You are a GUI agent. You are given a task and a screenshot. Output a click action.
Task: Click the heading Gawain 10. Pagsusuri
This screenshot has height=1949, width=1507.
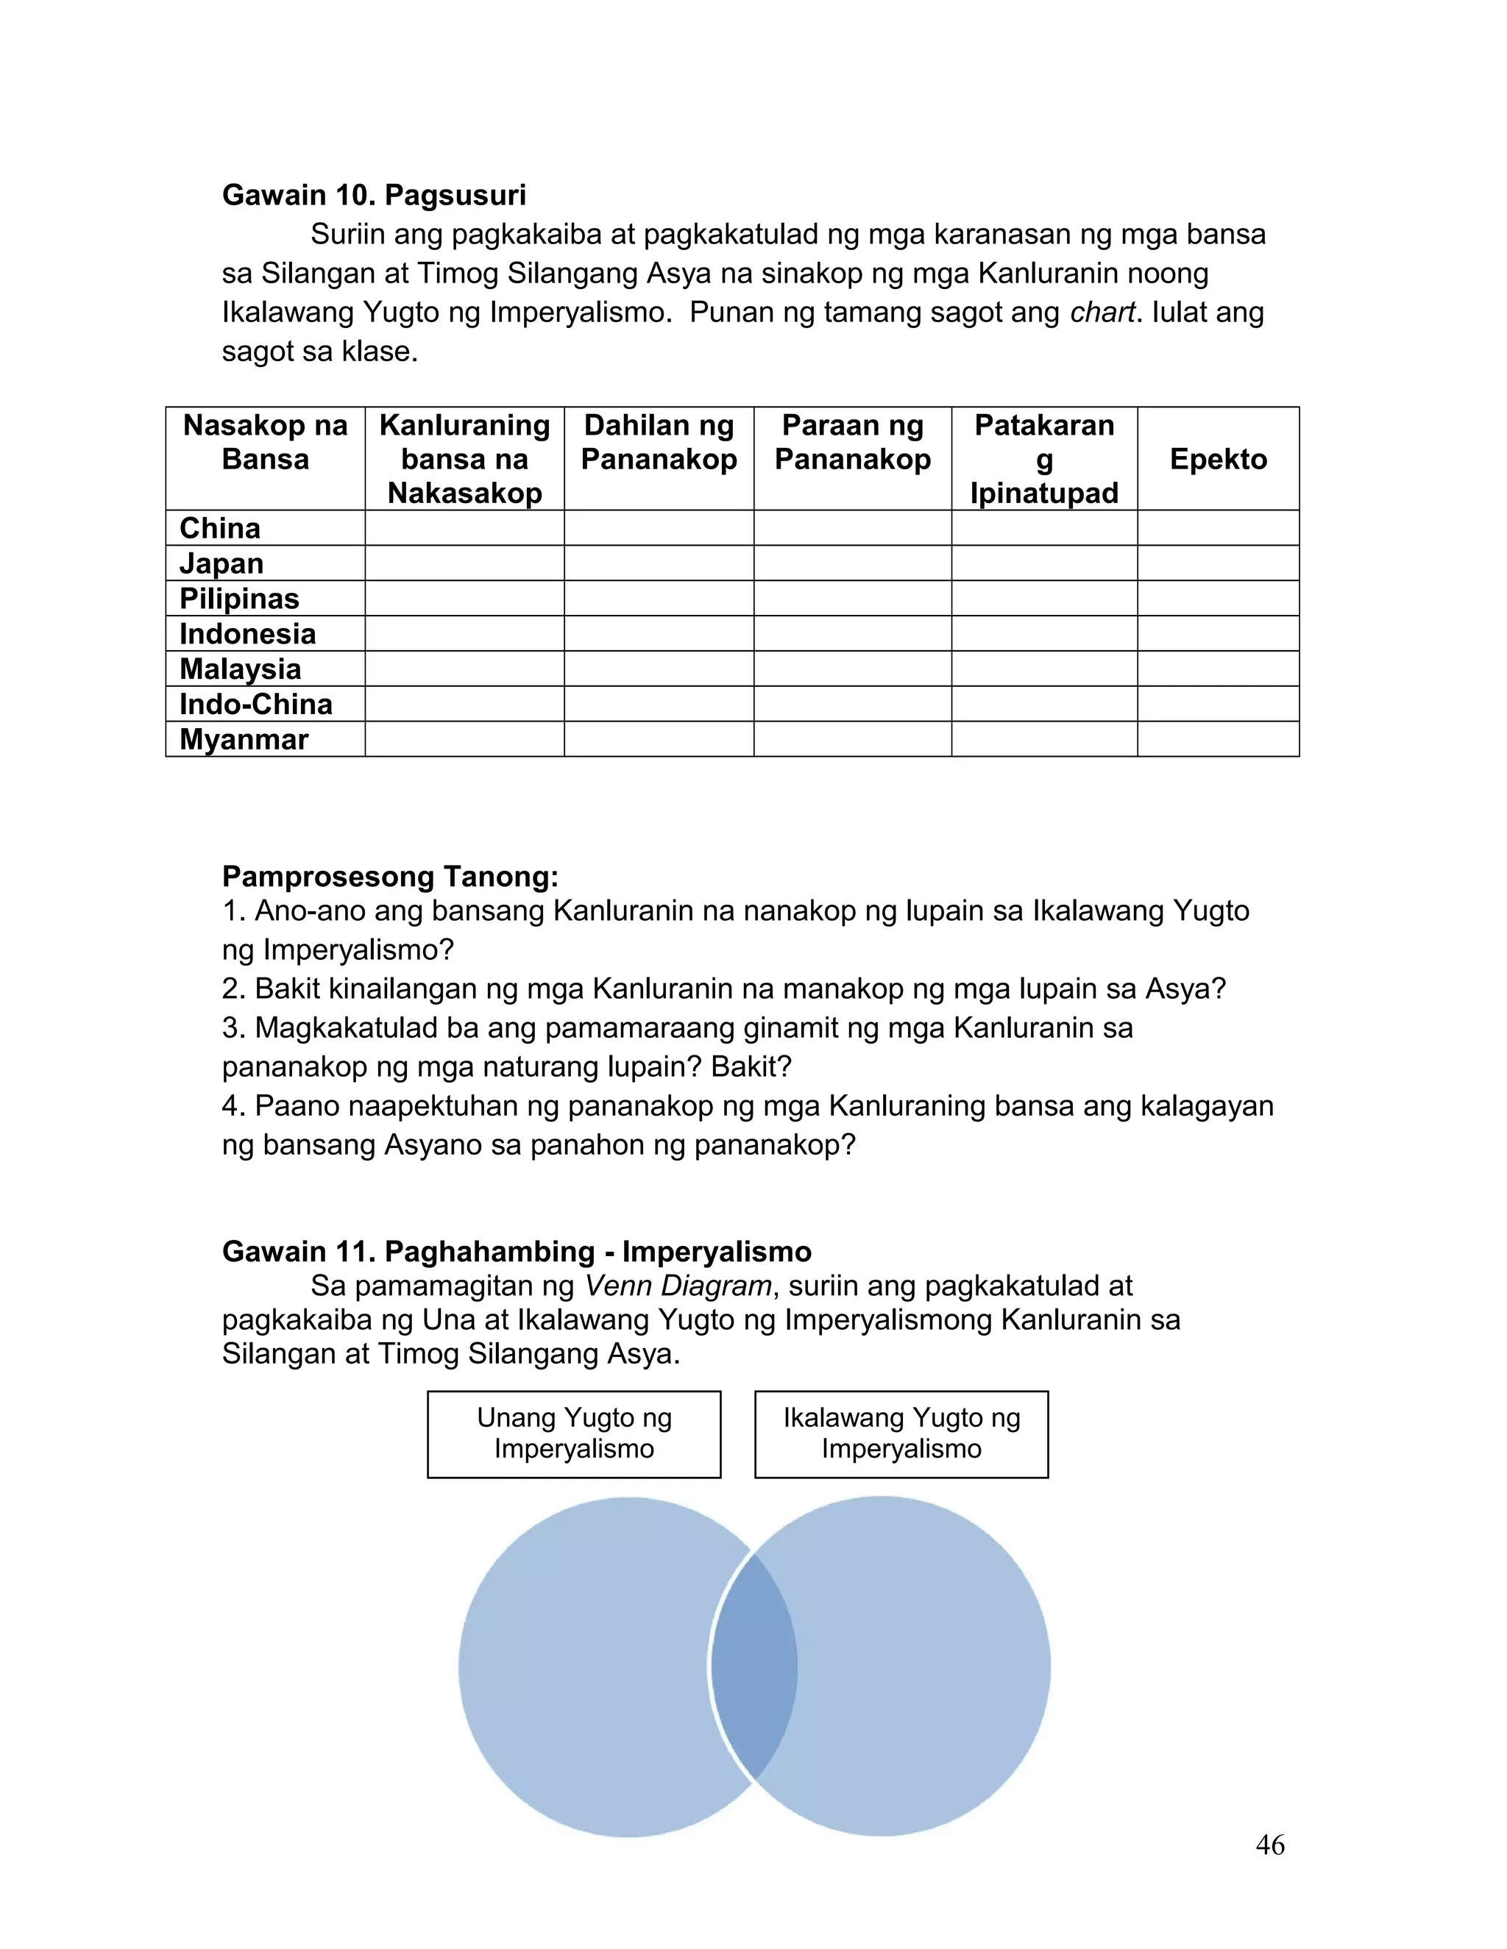click(x=373, y=196)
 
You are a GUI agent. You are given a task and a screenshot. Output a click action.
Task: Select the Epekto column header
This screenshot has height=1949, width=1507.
click(x=1218, y=459)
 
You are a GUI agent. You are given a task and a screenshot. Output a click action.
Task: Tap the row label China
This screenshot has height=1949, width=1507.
click(x=219, y=528)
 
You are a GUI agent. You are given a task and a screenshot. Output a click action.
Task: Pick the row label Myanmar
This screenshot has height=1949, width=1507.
click(x=244, y=740)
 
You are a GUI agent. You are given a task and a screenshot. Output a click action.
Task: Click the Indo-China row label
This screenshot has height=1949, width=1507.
click(x=255, y=704)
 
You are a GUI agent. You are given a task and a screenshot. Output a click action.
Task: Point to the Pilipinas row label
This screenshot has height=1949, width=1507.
click(x=239, y=599)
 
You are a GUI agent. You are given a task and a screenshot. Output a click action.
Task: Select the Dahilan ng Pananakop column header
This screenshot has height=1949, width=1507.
click(x=659, y=443)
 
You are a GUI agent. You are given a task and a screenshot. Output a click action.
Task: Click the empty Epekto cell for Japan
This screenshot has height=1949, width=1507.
click(x=1218, y=563)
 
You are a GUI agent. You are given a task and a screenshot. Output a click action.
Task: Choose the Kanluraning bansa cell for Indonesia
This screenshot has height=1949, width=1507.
click(x=464, y=633)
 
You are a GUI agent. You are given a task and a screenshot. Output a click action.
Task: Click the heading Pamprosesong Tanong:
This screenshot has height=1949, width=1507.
click(x=390, y=877)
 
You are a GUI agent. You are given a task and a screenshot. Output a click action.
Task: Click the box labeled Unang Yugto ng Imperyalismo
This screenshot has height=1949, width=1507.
click(x=574, y=1433)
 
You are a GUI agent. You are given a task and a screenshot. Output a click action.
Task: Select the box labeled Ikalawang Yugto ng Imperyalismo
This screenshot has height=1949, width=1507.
click(x=901, y=1433)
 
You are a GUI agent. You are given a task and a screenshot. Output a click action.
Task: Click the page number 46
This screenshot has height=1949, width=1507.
click(x=1269, y=1845)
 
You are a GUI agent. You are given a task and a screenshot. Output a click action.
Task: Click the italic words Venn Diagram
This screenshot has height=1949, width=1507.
click(x=678, y=1286)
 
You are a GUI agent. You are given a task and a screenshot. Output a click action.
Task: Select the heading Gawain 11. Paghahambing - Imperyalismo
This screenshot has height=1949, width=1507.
click(x=516, y=1251)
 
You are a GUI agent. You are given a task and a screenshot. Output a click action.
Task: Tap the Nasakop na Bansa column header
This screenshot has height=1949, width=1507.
click(x=265, y=443)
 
